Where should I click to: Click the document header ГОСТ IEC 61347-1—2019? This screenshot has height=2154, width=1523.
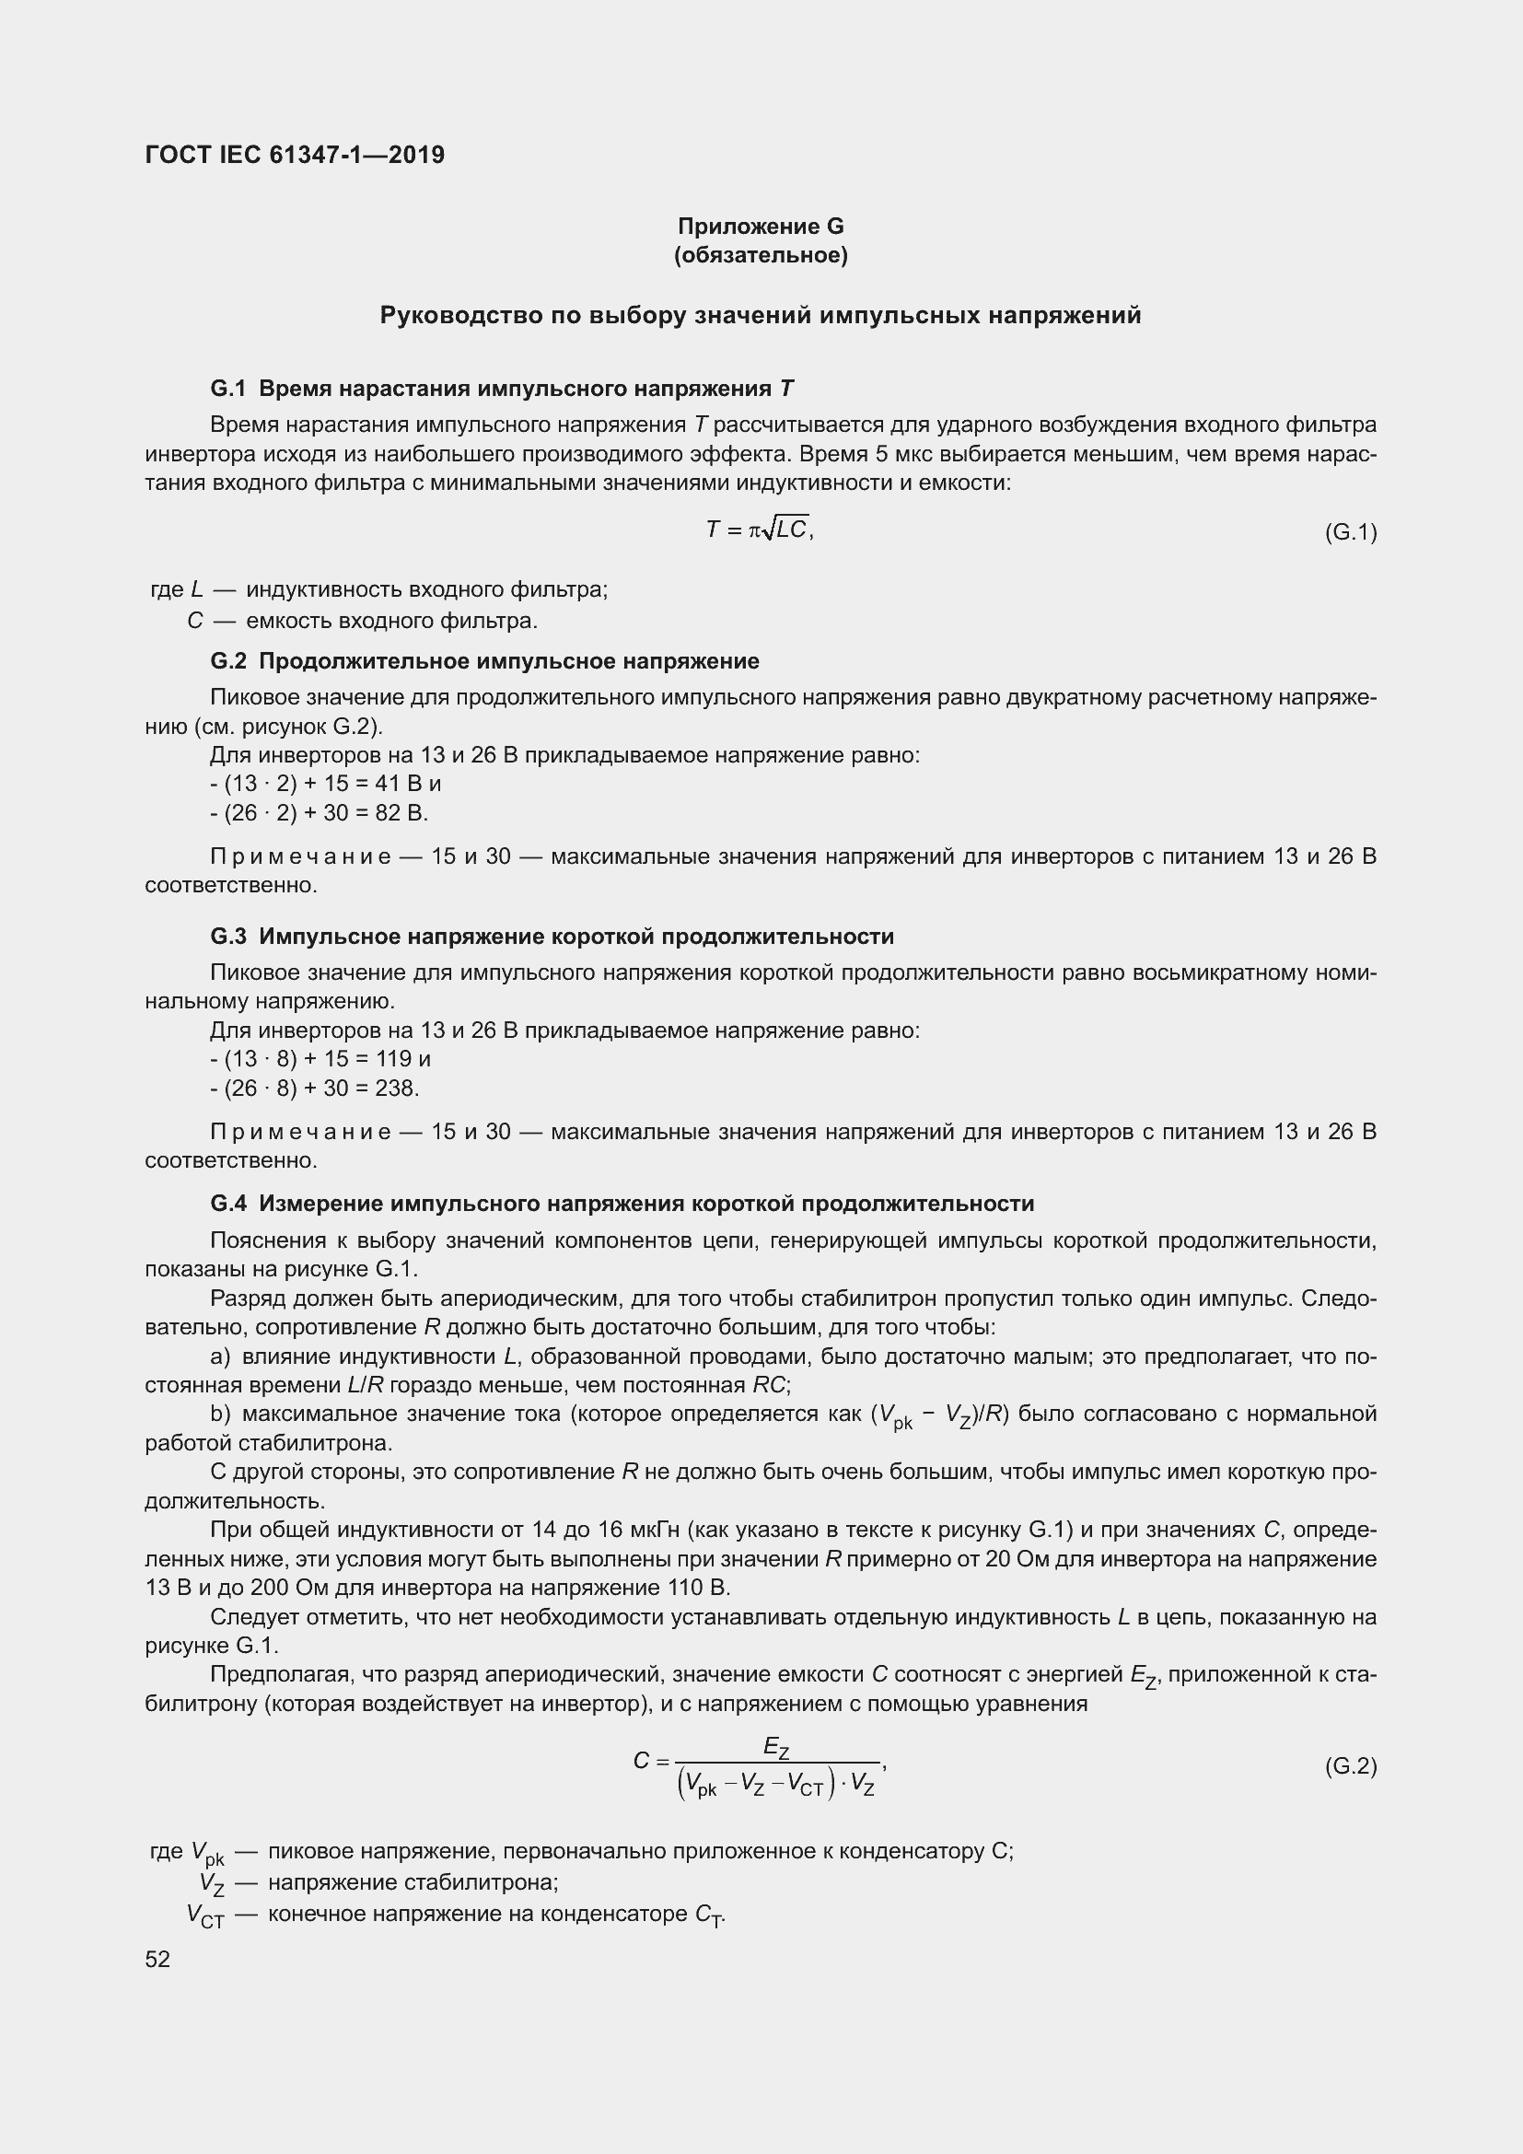click(295, 155)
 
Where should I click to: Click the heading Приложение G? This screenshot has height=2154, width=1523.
click(761, 227)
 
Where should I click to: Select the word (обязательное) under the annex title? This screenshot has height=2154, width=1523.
click(761, 255)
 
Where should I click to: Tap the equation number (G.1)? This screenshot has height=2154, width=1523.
click(1351, 533)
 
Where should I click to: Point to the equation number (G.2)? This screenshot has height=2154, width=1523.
click(1351, 1765)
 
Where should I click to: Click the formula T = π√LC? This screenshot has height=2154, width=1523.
click(759, 530)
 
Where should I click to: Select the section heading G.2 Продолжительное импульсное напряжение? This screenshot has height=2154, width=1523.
click(485, 661)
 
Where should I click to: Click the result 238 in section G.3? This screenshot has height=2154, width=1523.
click(395, 1088)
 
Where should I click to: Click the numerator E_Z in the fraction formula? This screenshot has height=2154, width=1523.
click(775, 1748)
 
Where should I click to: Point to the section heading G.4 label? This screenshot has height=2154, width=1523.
click(227, 1204)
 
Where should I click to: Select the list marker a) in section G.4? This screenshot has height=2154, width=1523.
click(220, 1356)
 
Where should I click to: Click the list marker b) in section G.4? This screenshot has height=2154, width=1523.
click(220, 1414)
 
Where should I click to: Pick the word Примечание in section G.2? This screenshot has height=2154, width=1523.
click(301, 856)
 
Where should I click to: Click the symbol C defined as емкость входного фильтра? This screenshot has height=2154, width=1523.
click(195, 621)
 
